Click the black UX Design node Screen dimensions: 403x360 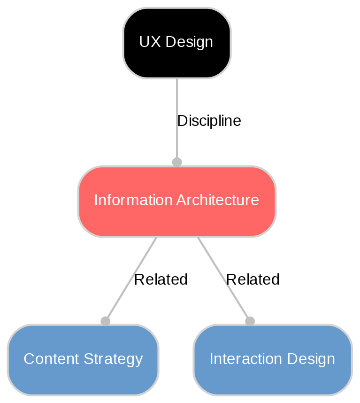[x=176, y=43]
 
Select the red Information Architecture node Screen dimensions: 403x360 [x=176, y=201]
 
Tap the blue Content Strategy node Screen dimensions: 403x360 [x=83, y=359]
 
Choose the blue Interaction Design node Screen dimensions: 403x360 [x=272, y=359]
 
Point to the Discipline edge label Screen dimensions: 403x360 [x=209, y=121]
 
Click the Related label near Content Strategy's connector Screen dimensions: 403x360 [x=161, y=279]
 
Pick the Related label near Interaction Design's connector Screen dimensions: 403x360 [x=253, y=279]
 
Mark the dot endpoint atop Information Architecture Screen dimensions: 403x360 [x=176, y=162]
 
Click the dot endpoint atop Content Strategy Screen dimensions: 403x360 [x=106, y=321]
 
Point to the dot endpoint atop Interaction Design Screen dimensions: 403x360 [x=250, y=321]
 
